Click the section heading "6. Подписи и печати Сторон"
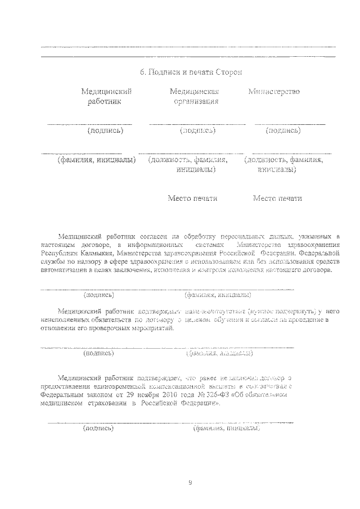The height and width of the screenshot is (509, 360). pyautogui.click(x=191, y=72)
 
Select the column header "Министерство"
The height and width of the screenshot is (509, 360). pyautogui.click(x=273, y=91)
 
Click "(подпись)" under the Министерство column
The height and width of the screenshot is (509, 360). pyautogui.click(x=283, y=130)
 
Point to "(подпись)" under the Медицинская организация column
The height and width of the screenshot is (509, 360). pyautogui.click(x=197, y=130)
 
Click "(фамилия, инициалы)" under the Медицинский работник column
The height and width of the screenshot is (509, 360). pyautogui.click(x=97, y=160)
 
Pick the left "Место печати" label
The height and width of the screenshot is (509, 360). pyautogui.click(x=192, y=198)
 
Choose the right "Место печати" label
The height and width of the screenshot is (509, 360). pyautogui.click(x=277, y=198)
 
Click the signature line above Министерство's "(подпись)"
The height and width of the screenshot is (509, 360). pyautogui.click(x=290, y=123)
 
